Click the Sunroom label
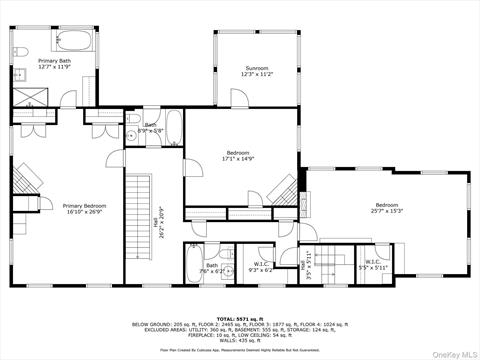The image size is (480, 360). pyautogui.click(x=257, y=67)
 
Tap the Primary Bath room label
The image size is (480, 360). pyautogui.click(x=56, y=61)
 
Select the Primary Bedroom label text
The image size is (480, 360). pyautogui.click(x=57, y=206)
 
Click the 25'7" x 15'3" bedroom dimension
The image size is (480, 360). pyautogui.click(x=386, y=211)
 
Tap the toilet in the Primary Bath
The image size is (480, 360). pyautogui.click(x=22, y=50)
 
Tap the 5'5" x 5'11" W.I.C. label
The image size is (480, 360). pyautogui.click(x=374, y=268)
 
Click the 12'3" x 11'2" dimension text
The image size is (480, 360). pyautogui.click(x=257, y=74)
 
